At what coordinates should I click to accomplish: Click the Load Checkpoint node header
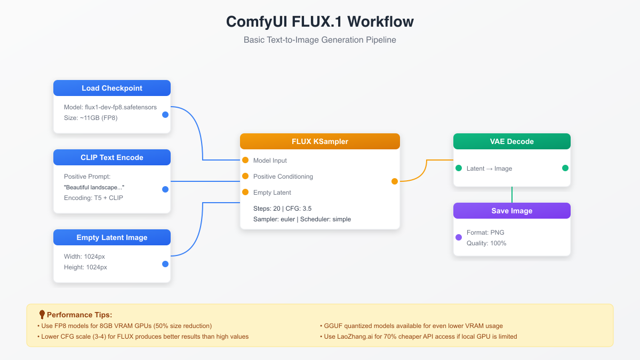pyautogui.click(x=112, y=88)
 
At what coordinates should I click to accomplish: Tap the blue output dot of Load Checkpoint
pyautogui.click(x=165, y=115)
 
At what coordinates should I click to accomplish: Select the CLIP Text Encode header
pyautogui.click(x=112, y=157)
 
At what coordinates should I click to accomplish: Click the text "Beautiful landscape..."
pyautogui.click(x=94, y=187)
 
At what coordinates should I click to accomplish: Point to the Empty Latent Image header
pyautogui.click(x=112, y=237)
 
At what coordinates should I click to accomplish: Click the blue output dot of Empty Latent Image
pyautogui.click(x=165, y=264)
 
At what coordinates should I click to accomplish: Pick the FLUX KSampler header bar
pyautogui.click(x=320, y=141)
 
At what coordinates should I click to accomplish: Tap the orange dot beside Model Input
pyautogui.click(x=245, y=160)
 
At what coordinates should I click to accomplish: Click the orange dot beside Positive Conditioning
pyautogui.click(x=245, y=176)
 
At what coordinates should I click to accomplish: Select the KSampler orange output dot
pyautogui.click(x=395, y=181)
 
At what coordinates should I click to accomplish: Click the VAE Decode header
pyautogui.click(x=512, y=141)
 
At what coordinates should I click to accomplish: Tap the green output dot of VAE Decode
pyautogui.click(x=565, y=168)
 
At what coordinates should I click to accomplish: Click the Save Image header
pyautogui.click(x=512, y=211)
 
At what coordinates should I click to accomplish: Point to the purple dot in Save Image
pyautogui.click(x=459, y=237)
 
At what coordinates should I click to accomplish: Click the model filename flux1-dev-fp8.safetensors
pyautogui.click(x=121, y=107)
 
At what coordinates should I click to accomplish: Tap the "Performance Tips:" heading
pyautogui.click(x=79, y=315)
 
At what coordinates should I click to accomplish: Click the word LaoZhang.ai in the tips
pyautogui.click(x=355, y=337)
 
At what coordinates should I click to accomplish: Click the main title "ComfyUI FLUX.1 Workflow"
pyautogui.click(x=320, y=22)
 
